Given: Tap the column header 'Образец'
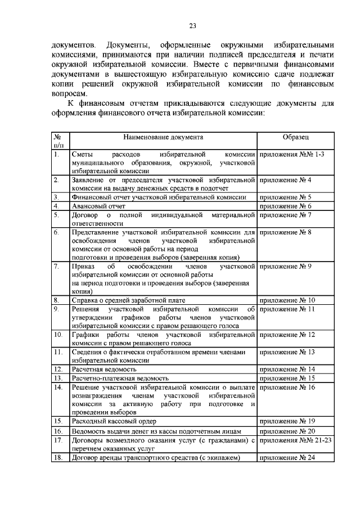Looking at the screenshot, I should tap(296, 137).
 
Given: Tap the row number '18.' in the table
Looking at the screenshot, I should tap(57, 458).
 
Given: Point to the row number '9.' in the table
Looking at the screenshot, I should tap(56, 309).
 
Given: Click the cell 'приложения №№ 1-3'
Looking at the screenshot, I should tap(291, 154).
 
